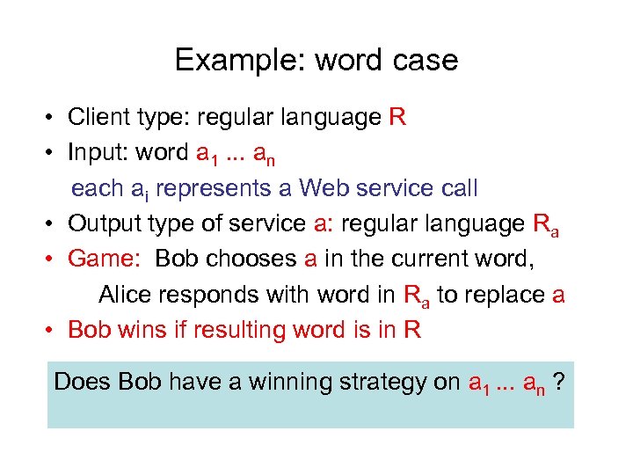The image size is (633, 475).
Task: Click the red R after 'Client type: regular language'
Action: (x=397, y=118)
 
